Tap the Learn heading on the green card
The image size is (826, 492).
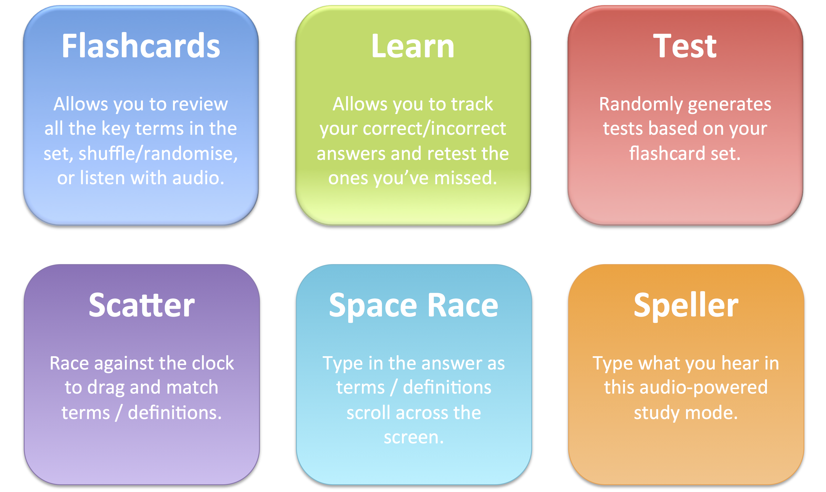[413, 46]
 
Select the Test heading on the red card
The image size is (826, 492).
[685, 46]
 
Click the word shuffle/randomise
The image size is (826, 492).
[158, 153]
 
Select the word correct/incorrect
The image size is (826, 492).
[434, 128]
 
